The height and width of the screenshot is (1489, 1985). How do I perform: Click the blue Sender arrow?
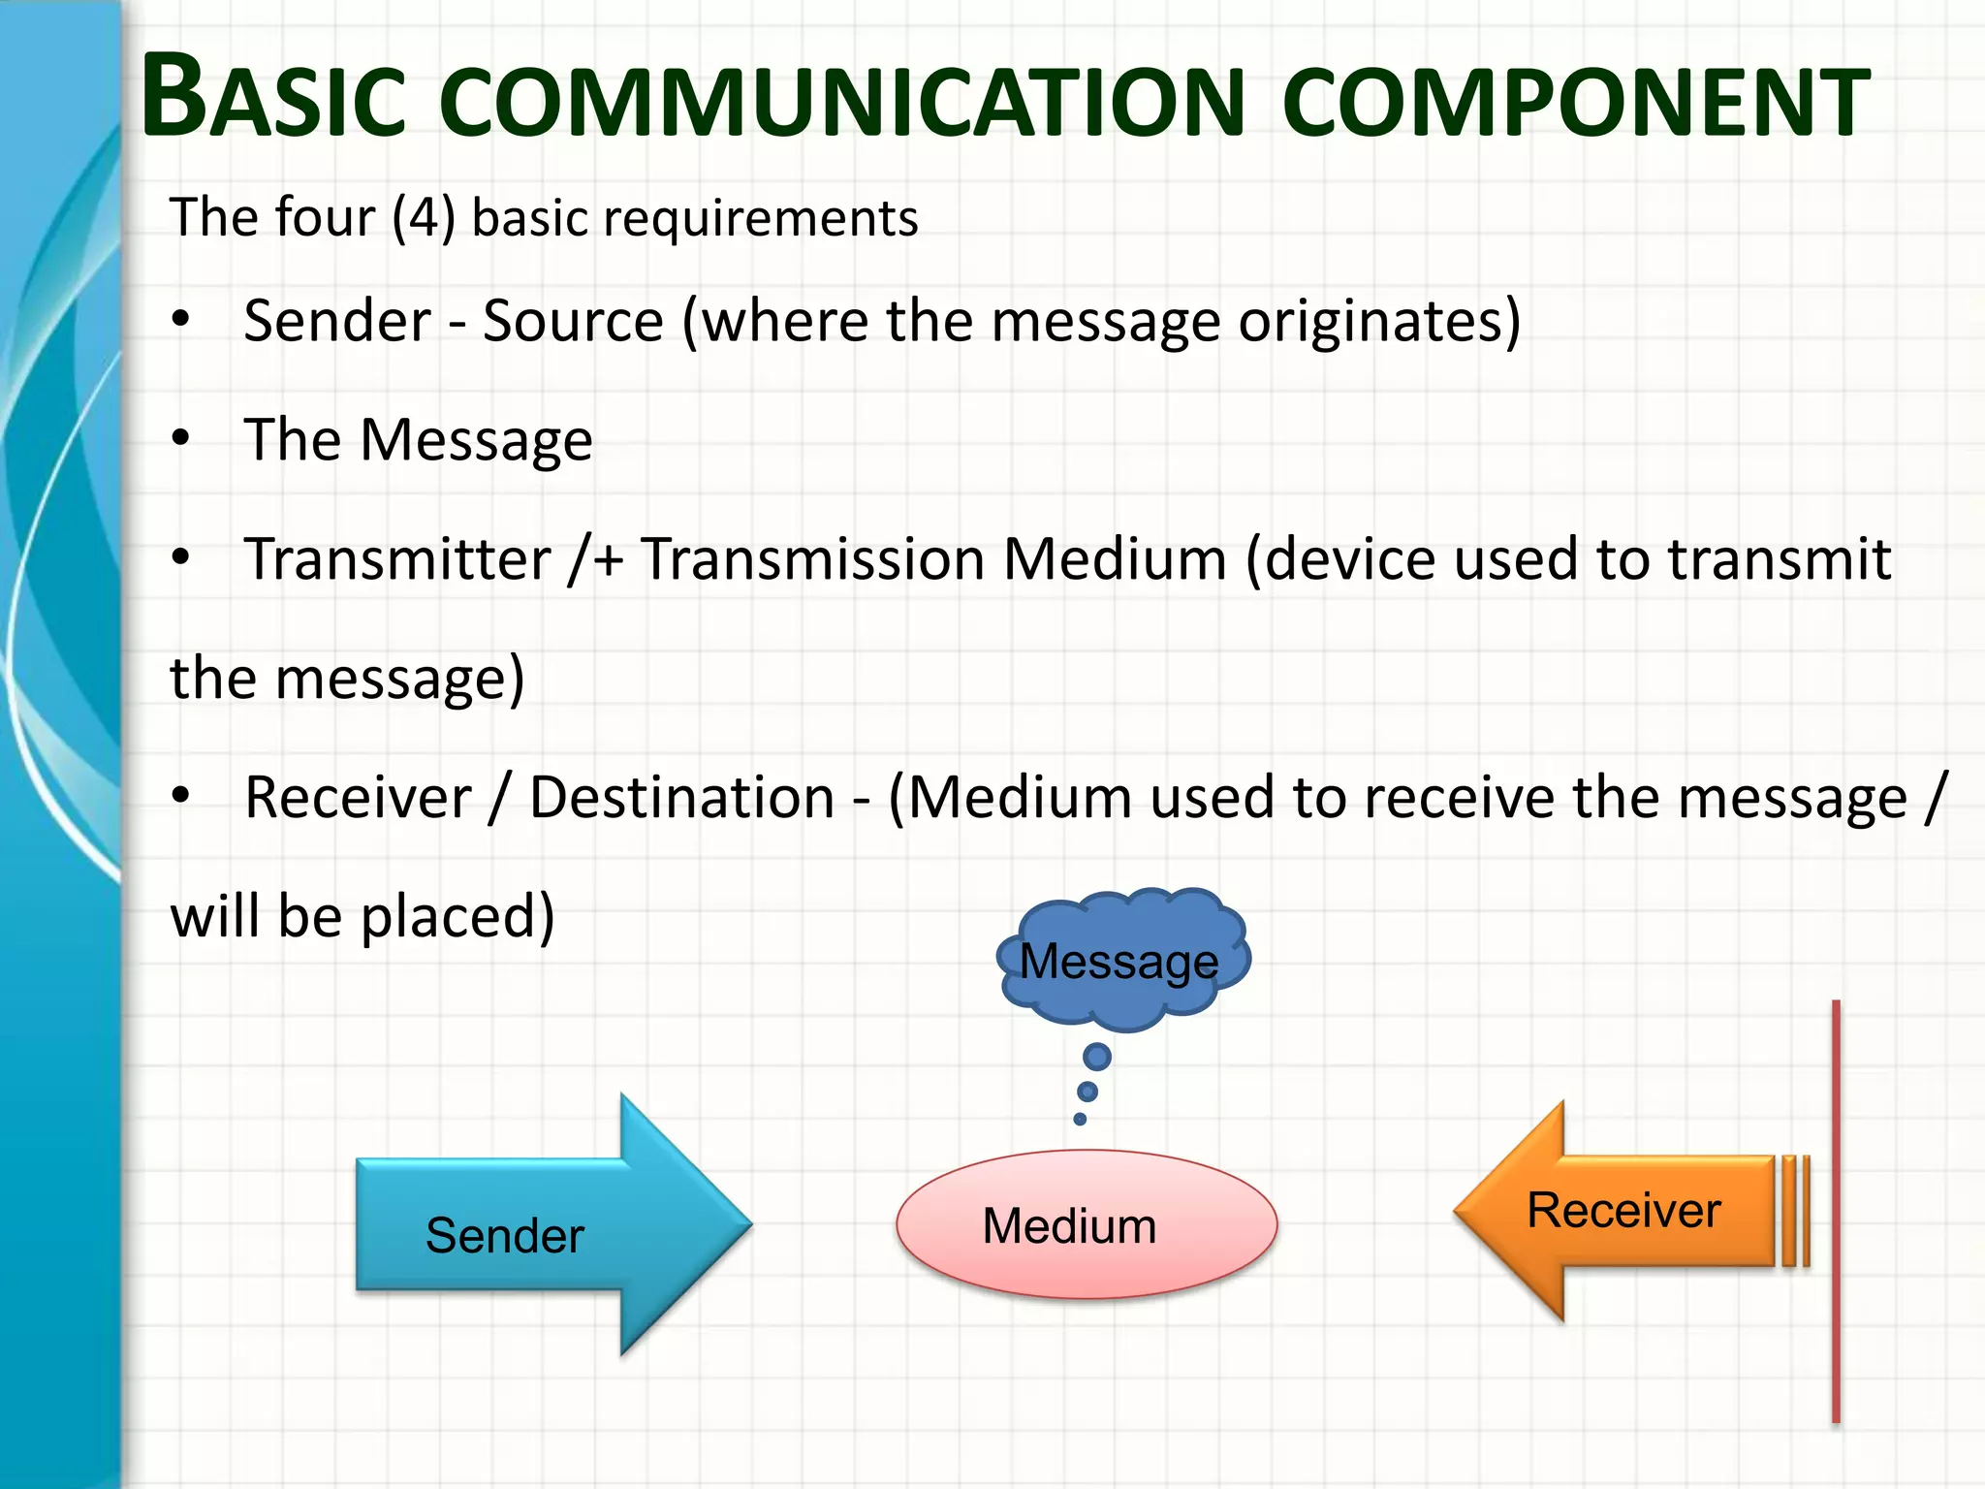click(x=523, y=1226)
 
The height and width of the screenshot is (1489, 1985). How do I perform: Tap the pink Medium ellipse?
click(x=1086, y=1224)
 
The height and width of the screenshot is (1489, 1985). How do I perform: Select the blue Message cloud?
click(x=1122, y=960)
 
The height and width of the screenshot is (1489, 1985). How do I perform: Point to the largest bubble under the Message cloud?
click(x=1096, y=1056)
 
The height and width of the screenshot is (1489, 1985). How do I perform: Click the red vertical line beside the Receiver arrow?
click(x=1836, y=1212)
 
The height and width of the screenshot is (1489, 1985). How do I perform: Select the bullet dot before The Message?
click(x=180, y=438)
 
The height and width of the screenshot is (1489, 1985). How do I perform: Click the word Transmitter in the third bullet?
click(x=396, y=558)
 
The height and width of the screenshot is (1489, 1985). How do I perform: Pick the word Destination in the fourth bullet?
click(x=681, y=797)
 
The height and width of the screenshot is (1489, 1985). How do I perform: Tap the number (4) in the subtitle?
click(x=424, y=217)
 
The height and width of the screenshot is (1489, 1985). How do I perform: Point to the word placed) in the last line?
click(x=457, y=916)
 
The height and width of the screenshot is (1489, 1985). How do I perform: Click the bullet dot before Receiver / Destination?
click(x=180, y=796)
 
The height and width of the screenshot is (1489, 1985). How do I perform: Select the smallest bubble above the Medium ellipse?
click(x=1080, y=1119)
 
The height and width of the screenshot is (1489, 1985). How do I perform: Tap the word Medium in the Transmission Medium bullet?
click(x=1115, y=558)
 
